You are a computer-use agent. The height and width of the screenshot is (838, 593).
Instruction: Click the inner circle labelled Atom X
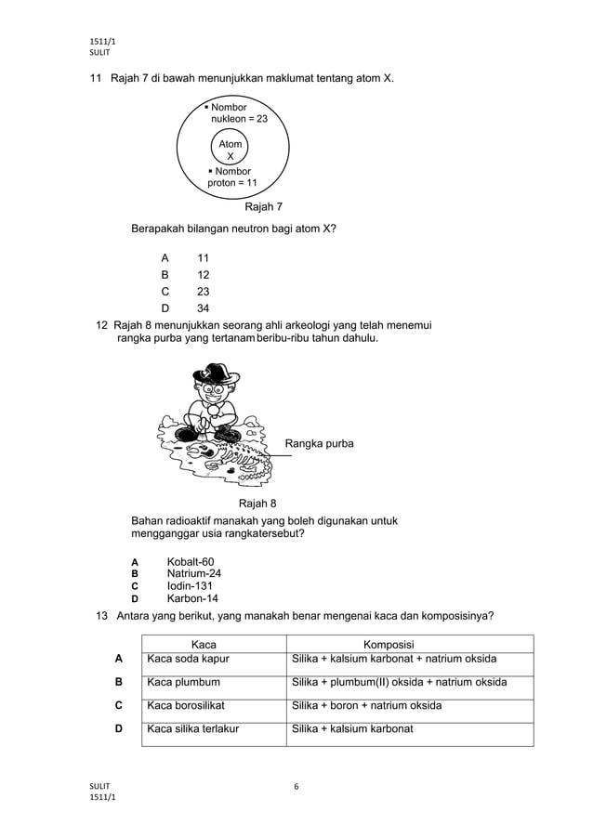(x=230, y=150)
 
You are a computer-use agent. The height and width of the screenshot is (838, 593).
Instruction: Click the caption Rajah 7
(x=263, y=206)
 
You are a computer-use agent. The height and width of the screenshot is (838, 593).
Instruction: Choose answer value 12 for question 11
(x=203, y=275)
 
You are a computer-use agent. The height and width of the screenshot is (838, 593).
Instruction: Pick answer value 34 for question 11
(x=203, y=308)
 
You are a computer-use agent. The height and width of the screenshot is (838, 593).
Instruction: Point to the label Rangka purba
(x=319, y=444)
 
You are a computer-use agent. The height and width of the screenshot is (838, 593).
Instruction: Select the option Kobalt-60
(x=190, y=561)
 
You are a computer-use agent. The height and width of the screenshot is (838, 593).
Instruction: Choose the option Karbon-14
(x=192, y=598)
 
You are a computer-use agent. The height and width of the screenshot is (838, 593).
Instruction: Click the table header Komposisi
(x=389, y=645)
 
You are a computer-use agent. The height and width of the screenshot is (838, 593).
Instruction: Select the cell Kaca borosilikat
(x=186, y=705)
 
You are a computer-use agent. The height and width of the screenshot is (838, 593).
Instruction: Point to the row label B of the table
(x=119, y=682)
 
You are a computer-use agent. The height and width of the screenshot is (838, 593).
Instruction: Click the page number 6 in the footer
(x=296, y=787)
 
